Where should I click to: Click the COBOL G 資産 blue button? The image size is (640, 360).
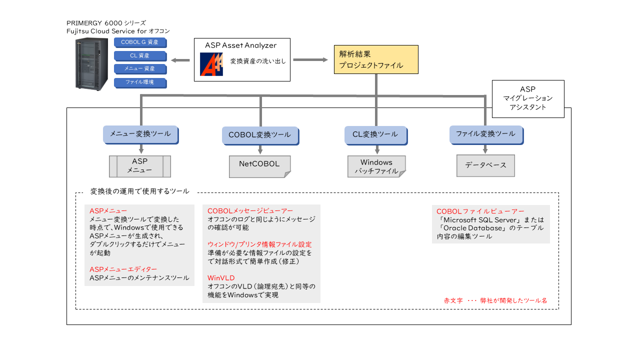[x=140, y=42]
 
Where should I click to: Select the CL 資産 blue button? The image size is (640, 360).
[x=140, y=56]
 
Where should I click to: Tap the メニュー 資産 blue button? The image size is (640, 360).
[x=140, y=69]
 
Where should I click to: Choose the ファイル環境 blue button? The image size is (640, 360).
[x=140, y=83]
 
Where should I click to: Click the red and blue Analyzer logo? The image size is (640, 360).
[x=211, y=64]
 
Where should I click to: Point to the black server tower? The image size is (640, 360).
[x=91, y=64]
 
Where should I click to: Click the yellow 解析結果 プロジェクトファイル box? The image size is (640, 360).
[x=376, y=59]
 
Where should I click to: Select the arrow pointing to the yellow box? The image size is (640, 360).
[x=310, y=59]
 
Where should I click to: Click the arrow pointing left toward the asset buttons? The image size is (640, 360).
[x=180, y=60]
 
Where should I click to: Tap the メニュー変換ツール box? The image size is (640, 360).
[x=141, y=134]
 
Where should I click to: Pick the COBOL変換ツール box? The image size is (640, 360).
[x=260, y=135]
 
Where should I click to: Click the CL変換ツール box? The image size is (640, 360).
[x=376, y=135]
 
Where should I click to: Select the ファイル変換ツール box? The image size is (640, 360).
[x=486, y=135]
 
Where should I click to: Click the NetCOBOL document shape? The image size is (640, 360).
[x=259, y=166]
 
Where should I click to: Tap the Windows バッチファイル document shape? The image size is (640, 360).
[x=376, y=166]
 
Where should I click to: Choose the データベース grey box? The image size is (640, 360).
[x=485, y=165]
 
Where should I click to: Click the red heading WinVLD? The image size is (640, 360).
[x=221, y=278]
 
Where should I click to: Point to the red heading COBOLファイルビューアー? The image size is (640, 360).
[x=480, y=211]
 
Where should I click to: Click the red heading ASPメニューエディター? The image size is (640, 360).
[x=123, y=269]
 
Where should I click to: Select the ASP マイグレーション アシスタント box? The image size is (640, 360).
[x=528, y=99]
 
